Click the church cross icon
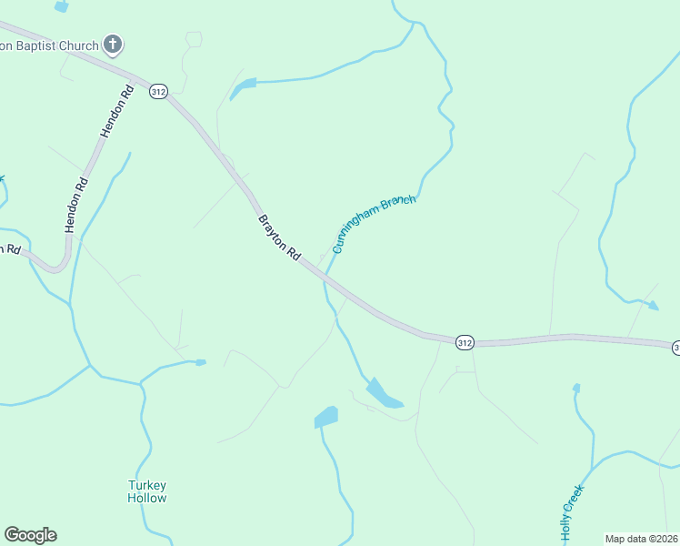point(113,44)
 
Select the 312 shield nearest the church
point(159,92)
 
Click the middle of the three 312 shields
point(465,342)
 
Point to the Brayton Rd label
point(279,238)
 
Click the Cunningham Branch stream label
point(374,223)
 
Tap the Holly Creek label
point(572,513)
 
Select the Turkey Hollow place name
point(147,491)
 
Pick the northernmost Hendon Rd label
point(116,111)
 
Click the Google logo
point(30,535)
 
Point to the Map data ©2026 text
point(641,539)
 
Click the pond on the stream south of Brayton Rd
point(383,394)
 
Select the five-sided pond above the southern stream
point(325,418)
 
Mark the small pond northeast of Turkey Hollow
point(200,362)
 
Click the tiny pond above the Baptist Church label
point(61,5)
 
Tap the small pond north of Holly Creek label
point(575,389)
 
